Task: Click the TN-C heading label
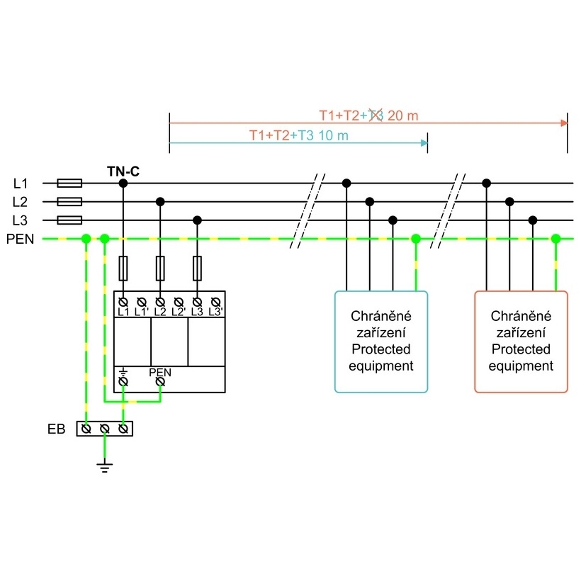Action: tap(123, 171)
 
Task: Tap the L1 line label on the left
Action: tap(21, 184)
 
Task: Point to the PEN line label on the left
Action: tap(20, 239)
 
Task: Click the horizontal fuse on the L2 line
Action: tap(69, 201)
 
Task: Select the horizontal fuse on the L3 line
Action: tap(69, 220)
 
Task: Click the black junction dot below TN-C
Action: tap(123, 183)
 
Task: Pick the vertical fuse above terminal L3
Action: tap(197, 268)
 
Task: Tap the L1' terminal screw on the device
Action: tap(142, 303)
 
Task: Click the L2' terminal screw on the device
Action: tap(179, 303)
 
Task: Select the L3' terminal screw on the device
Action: tap(215, 303)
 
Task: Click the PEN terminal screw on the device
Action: tap(160, 382)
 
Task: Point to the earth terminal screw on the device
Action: tap(123, 382)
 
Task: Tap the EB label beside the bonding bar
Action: tap(56, 429)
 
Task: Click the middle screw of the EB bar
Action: tap(105, 429)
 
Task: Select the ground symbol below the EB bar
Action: tap(105, 468)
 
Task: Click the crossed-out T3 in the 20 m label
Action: tap(376, 115)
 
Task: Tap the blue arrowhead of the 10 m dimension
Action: tap(424, 143)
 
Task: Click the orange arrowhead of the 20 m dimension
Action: tap(564, 123)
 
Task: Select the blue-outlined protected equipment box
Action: tap(381, 342)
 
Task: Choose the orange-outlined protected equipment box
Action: tap(521, 342)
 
